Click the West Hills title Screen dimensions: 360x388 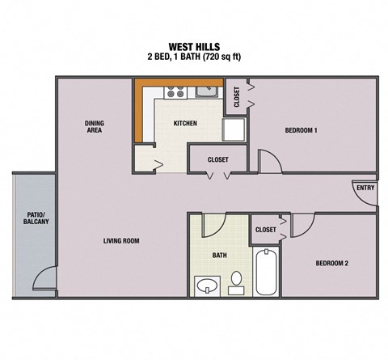pos(193,46)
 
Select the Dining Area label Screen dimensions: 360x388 pos(95,126)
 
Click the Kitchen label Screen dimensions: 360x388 pos(185,124)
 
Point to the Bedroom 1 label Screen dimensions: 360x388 pos(301,130)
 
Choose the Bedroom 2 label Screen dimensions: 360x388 pos(331,263)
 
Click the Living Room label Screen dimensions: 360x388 pos(121,240)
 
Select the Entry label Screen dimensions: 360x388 pos(364,188)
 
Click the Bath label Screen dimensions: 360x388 pos(219,255)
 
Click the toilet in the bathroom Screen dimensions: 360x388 pos(237,281)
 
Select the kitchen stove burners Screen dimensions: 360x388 pos(175,91)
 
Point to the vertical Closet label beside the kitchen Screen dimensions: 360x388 pos(236,96)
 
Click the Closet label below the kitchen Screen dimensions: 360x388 pos(218,159)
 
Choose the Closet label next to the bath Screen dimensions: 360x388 pos(265,230)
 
